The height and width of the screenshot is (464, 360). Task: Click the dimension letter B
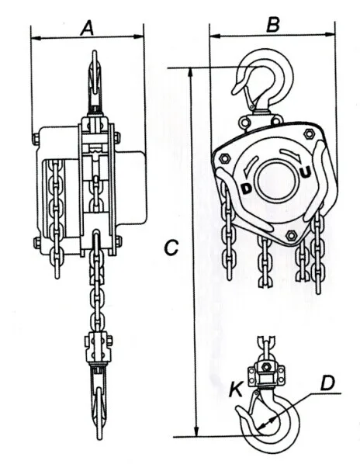[272, 24]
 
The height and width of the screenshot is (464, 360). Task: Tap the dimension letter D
[328, 383]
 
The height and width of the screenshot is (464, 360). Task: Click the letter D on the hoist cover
[247, 189]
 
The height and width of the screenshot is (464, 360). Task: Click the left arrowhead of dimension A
[34, 36]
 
